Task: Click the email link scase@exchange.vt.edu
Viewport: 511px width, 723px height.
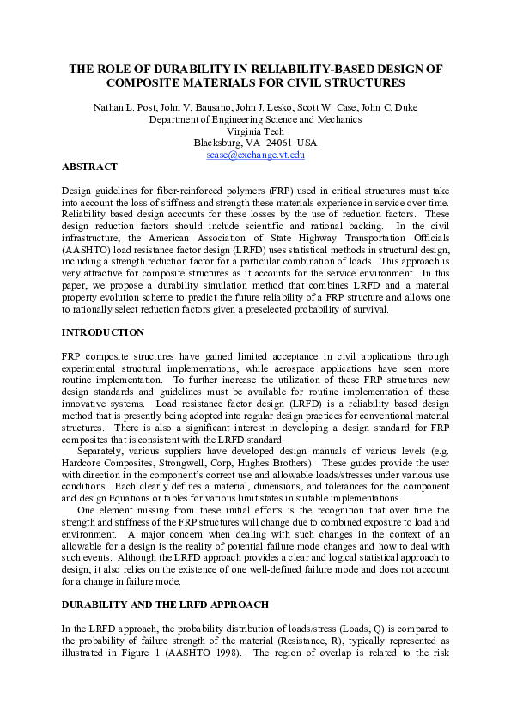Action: click(x=255, y=155)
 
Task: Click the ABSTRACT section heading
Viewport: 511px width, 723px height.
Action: click(x=90, y=167)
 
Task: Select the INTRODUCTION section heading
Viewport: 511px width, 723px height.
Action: click(x=103, y=332)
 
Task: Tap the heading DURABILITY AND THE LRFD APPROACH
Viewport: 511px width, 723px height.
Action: click(x=166, y=605)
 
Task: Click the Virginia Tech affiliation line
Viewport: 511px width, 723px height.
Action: click(x=255, y=131)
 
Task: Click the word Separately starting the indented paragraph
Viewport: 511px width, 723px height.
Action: click(x=101, y=449)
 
